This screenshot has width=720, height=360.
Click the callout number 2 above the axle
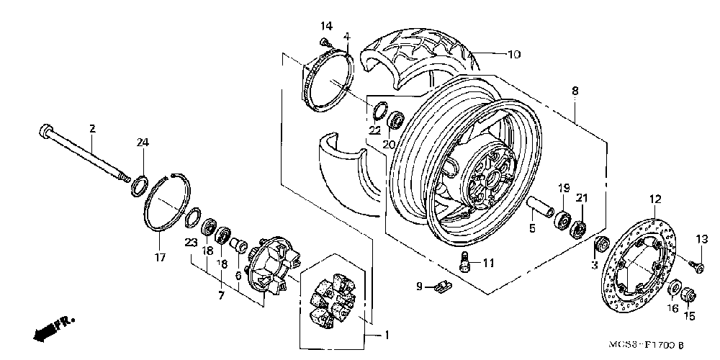point(92,129)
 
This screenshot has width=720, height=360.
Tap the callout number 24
point(143,143)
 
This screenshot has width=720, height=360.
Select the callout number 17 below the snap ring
point(160,257)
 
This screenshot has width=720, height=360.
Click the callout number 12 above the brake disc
point(655,199)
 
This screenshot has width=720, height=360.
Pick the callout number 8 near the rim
point(575,91)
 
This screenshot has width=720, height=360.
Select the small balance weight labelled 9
point(441,287)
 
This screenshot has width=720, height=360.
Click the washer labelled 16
point(675,291)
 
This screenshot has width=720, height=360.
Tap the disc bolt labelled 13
point(698,266)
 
